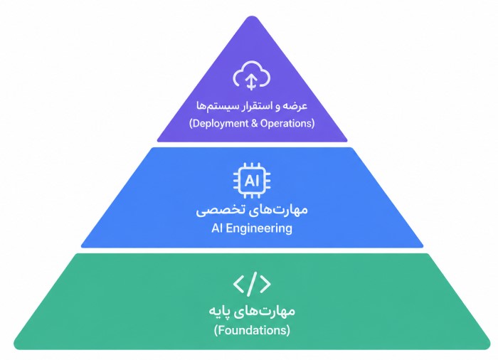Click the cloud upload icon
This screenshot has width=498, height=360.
252,75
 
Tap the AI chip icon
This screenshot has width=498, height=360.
252,181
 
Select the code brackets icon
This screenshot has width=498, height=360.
252,284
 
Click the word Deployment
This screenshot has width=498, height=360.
221,123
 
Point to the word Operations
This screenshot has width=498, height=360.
286,123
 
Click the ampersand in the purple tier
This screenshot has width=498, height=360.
255,123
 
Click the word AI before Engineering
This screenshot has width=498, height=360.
217,228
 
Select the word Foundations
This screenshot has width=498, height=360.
252,330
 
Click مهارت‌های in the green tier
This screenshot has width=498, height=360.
267,310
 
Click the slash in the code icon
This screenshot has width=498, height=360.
252,284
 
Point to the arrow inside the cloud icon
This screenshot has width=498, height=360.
252,82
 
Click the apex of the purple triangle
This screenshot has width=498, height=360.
252,16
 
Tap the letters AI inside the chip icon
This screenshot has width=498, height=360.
252,181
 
